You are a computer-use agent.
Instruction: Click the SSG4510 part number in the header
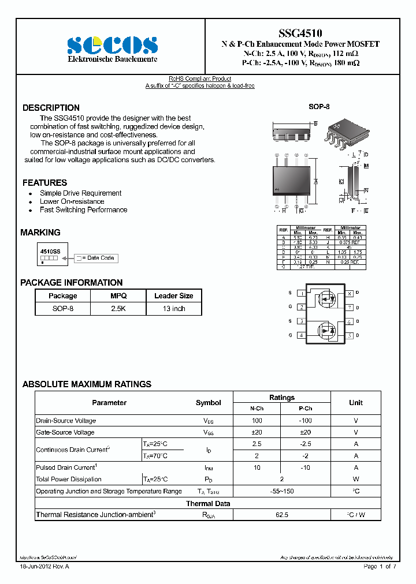coord(301,34)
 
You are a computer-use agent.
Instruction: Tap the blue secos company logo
coord(112,45)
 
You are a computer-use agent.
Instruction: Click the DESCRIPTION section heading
coord(51,108)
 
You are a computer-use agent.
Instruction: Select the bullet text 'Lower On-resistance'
coord(72,201)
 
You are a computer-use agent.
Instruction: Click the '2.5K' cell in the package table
coord(118,309)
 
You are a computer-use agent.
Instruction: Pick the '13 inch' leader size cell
coord(173,309)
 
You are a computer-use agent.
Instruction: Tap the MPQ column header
coord(118,295)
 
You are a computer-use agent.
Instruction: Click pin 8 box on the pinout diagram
coord(350,294)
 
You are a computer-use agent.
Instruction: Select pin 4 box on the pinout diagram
coord(301,335)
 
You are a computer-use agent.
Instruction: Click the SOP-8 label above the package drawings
coord(319,107)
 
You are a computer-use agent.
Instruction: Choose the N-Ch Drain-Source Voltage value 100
coord(257,421)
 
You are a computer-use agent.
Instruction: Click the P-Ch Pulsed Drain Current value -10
coord(306,467)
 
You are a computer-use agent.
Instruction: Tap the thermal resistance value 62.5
coord(281,515)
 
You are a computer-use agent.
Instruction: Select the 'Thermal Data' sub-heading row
coord(208,503)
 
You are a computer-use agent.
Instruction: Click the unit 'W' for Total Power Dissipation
coord(356,479)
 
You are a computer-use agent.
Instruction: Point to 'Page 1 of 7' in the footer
coord(380,567)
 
